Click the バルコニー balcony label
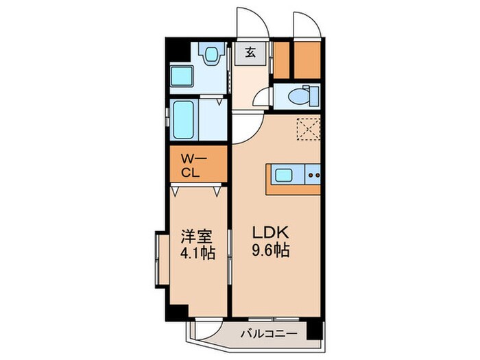[268, 334]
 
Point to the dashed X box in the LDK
[309, 129]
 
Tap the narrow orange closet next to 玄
[280, 60]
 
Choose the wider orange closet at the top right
[307, 60]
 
